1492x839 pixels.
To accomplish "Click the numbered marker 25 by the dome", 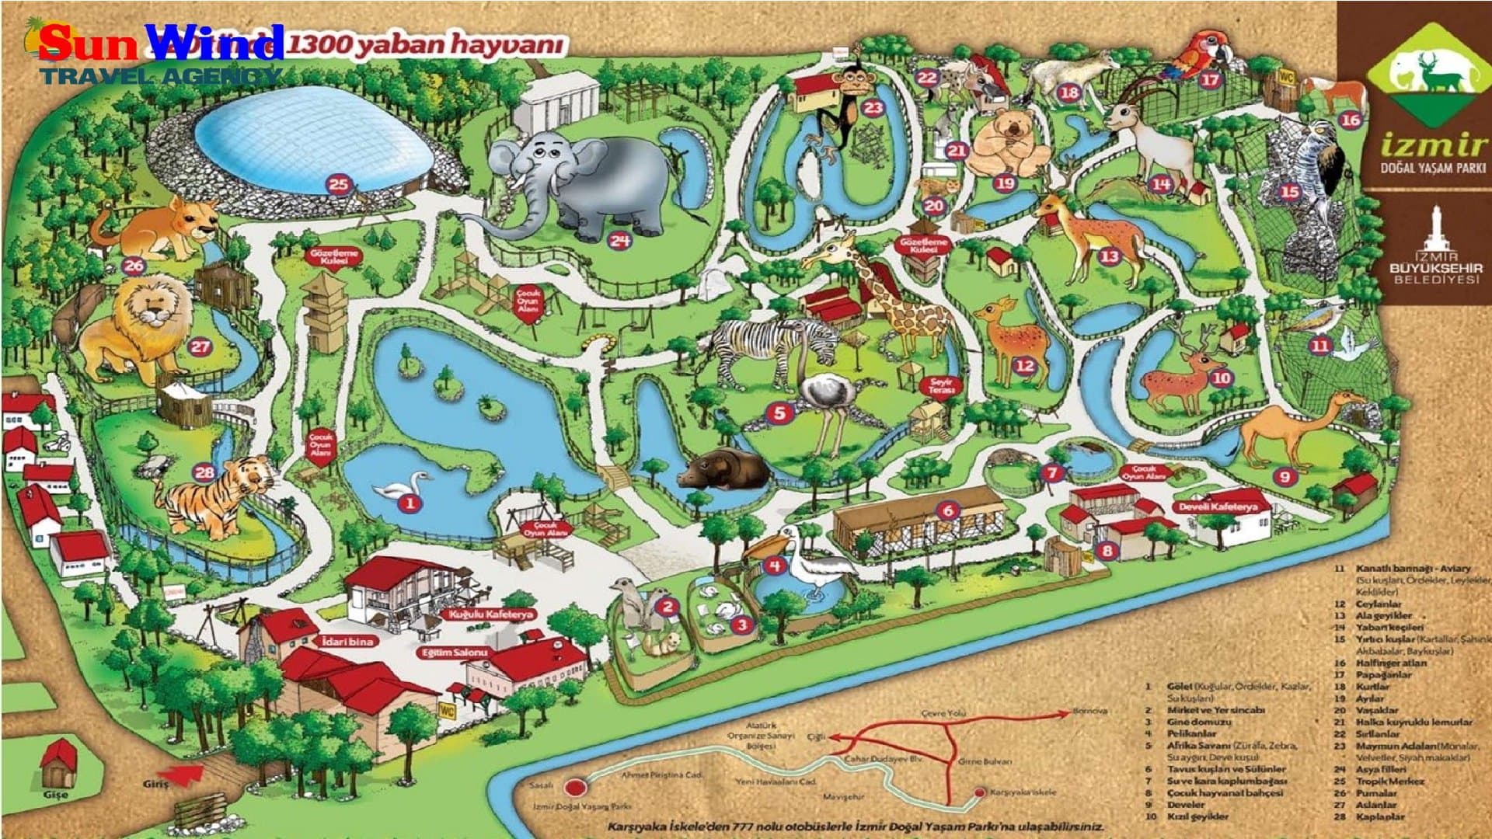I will (339, 185).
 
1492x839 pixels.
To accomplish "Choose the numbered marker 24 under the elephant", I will (619, 240).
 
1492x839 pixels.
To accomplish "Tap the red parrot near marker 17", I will (1197, 54).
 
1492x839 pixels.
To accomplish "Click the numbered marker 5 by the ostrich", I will (779, 413).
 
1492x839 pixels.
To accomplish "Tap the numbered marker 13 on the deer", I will (1109, 256).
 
